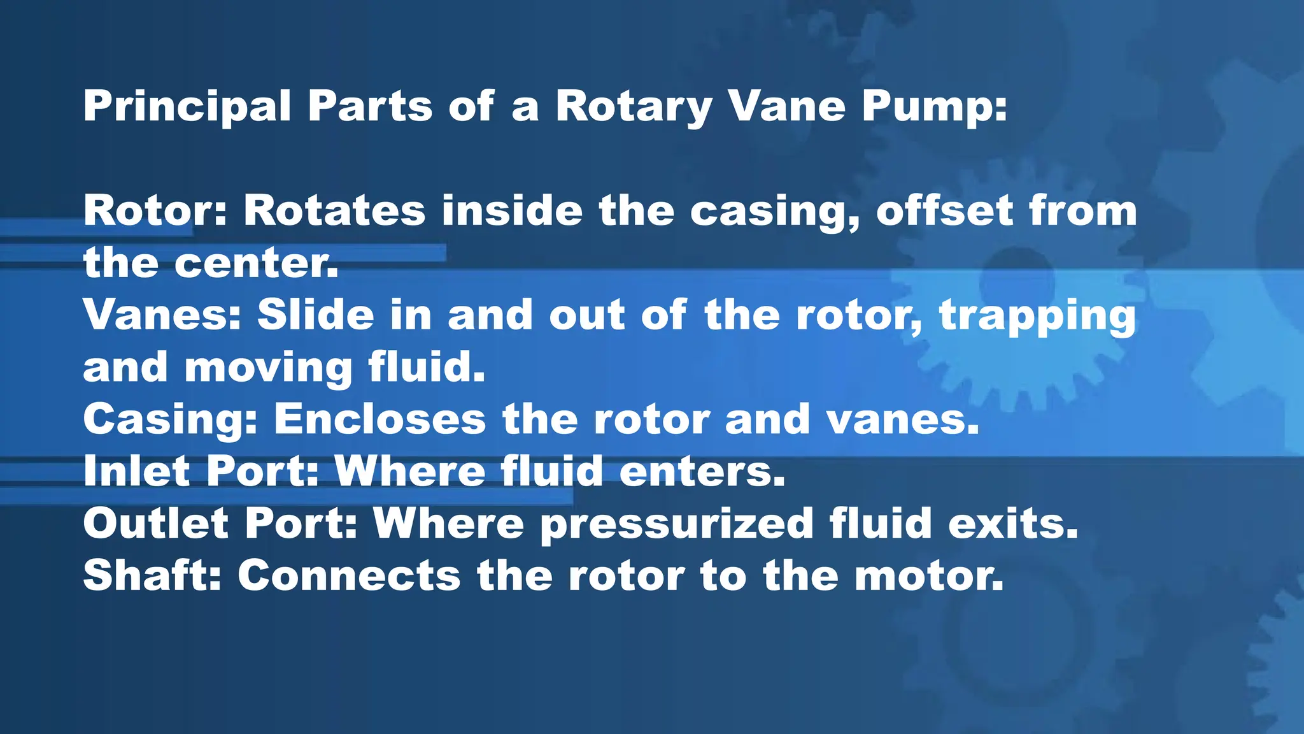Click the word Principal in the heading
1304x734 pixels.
point(187,106)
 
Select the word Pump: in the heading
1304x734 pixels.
point(935,106)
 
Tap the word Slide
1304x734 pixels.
point(316,315)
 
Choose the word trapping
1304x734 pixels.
point(1038,316)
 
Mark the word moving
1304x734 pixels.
point(268,368)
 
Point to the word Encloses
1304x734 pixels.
point(380,421)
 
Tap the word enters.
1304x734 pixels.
point(702,471)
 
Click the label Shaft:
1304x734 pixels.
point(152,576)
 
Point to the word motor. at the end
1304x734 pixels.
point(928,576)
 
